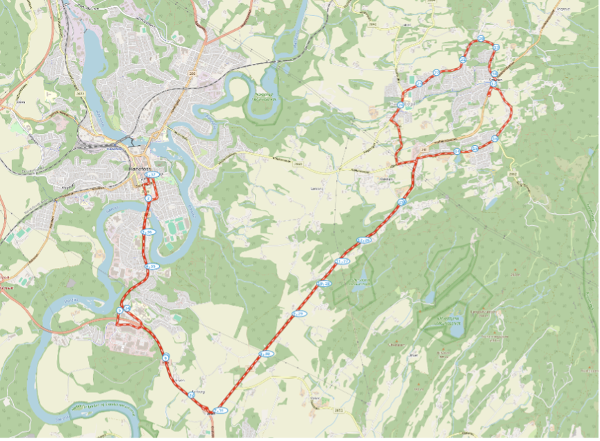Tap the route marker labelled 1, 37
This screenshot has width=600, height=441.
[153, 174]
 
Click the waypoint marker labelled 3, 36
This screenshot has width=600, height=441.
[147, 232]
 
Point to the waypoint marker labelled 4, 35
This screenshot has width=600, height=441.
[151, 266]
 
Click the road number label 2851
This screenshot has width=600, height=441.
[339, 411]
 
